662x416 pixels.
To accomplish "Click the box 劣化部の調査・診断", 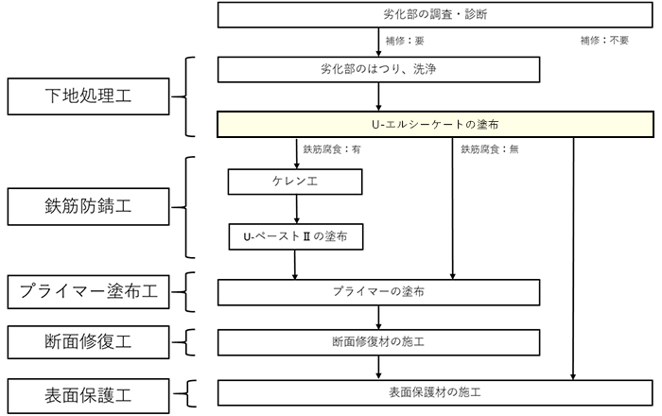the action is coord(435,15).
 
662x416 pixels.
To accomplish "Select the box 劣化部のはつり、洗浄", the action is coord(378,70).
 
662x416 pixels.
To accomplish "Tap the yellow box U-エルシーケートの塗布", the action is coord(435,125).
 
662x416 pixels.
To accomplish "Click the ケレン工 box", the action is coord(295,182).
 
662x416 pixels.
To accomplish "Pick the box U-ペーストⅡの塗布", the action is coord(296,236).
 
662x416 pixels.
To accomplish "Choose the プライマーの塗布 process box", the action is coord(378,292).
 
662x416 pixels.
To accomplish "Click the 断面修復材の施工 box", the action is coord(378,342).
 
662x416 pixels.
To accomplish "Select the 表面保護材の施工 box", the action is coord(435,392).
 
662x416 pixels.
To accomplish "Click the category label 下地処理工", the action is coord(88,96).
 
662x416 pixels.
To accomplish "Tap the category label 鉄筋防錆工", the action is coord(88,207).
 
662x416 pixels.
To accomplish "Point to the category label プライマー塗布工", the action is coord(88,292).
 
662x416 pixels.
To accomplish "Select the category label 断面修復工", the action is coord(88,342).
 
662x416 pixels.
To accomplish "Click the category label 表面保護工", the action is coord(88,396).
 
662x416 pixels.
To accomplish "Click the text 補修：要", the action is coord(405,41).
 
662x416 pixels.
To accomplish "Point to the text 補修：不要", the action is coord(604,41).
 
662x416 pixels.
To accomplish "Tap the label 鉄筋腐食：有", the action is coord(332,149).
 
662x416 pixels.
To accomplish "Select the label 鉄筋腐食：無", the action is coord(490,149).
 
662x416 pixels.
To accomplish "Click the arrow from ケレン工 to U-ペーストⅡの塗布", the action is coord(296,209).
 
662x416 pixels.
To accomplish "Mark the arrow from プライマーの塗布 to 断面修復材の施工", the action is coord(378,318).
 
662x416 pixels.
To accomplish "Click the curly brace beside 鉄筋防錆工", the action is coord(186,207).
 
